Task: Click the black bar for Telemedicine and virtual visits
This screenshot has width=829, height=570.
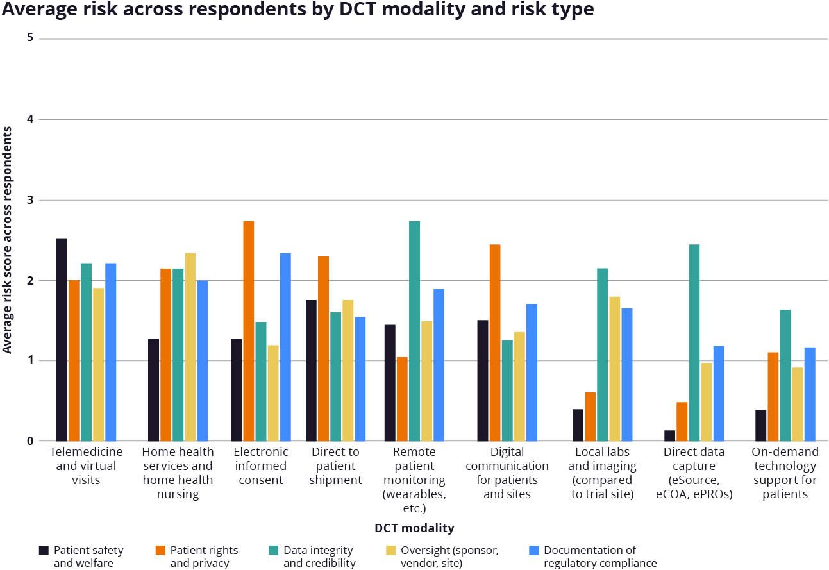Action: [62, 340]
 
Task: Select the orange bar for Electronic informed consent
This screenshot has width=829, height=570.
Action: [249, 331]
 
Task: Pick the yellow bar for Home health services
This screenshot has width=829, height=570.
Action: [190, 347]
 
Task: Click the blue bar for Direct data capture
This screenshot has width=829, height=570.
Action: [719, 394]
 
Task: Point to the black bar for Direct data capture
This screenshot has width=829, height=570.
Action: [670, 436]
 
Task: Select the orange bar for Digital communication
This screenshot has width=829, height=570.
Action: [495, 342]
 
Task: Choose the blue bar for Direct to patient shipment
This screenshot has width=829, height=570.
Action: [360, 379]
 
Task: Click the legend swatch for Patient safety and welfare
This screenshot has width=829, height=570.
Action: [44, 550]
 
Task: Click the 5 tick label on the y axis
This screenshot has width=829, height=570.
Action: [30, 38]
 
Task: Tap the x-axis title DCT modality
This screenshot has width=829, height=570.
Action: [414, 528]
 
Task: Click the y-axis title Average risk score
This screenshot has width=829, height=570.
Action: [7, 240]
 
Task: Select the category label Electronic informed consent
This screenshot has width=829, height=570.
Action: [260, 465]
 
